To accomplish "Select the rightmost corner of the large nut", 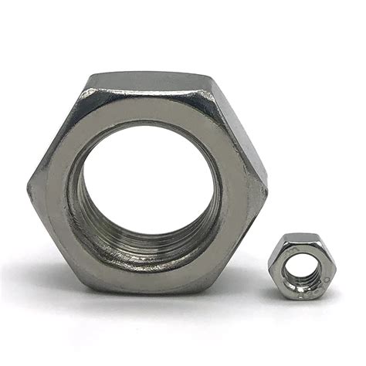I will coord(268,185).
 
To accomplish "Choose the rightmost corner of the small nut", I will coord(336,266).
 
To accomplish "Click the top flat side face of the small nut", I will coord(301,236).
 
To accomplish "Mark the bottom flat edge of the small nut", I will coord(301,298).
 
